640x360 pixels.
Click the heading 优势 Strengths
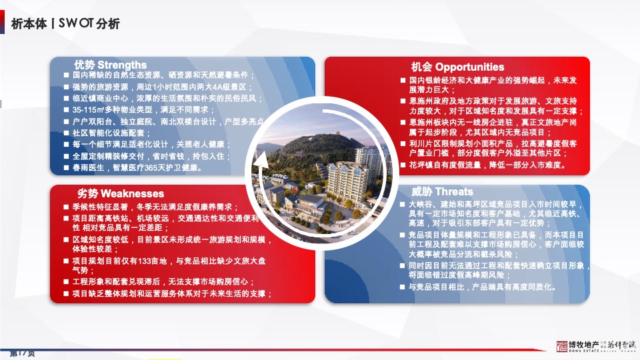coord(110,65)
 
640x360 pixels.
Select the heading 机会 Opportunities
coord(457,67)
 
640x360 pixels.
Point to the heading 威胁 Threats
coord(441,191)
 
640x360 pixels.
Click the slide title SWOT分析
coord(89,24)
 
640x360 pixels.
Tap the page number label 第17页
coord(21,352)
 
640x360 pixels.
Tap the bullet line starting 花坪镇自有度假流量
coord(487,165)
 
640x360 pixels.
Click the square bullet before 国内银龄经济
coord(403,80)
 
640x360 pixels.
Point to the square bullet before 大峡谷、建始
coord(402,205)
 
